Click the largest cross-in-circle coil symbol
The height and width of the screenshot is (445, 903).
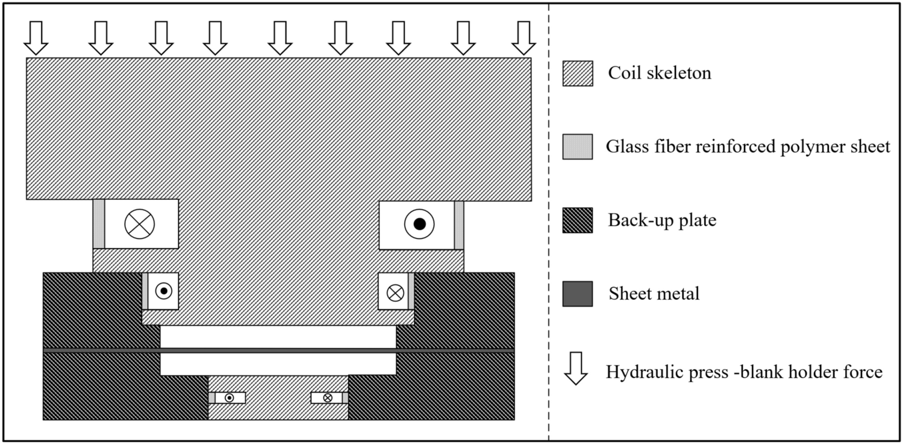[140, 224]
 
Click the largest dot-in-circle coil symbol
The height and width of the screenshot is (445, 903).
[419, 224]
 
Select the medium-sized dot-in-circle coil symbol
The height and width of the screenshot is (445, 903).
[163, 291]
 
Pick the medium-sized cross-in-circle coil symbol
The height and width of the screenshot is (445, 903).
[395, 292]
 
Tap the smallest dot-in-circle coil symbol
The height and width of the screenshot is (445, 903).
[230, 397]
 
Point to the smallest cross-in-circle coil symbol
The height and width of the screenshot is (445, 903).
[328, 397]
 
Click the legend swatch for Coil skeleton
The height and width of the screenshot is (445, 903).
[577, 73]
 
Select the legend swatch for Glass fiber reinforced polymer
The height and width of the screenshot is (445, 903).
[577, 147]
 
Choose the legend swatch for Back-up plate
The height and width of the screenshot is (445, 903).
[577, 220]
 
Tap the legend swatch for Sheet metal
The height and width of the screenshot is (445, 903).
[577, 294]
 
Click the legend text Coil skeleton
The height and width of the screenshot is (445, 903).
[659, 73]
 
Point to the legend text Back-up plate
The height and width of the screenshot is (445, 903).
[661, 220]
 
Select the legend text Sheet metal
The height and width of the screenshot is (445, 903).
[654, 294]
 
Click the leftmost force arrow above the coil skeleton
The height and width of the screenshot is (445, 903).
[36, 37]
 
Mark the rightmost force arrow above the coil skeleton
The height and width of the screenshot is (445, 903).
[523, 37]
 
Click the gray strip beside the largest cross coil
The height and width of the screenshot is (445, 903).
[99, 224]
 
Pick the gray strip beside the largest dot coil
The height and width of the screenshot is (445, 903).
[459, 224]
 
